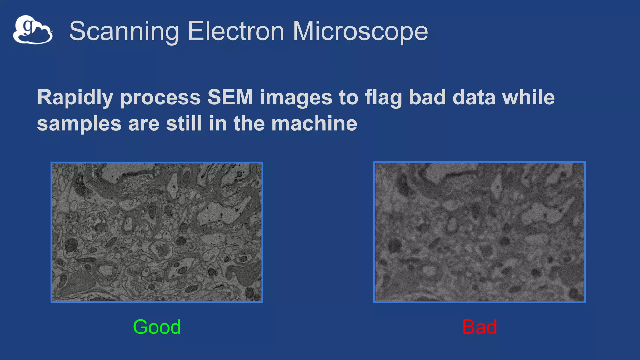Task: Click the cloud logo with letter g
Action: click(33, 30)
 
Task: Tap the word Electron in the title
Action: click(236, 31)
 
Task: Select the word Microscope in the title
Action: click(360, 31)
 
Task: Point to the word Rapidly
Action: click(75, 97)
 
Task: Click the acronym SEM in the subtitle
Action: click(230, 97)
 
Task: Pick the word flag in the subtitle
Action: click(383, 97)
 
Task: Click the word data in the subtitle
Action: click(474, 97)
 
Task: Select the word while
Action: click(528, 97)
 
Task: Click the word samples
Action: click(79, 124)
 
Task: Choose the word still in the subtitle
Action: click(184, 123)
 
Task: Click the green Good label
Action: click(157, 327)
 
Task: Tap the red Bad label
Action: click(479, 327)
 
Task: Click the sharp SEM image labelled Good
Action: click(157, 232)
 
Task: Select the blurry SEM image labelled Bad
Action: click(479, 232)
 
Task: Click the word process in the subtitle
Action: click(160, 98)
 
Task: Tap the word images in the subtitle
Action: click(296, 98)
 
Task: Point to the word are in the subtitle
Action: click(143, 124)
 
